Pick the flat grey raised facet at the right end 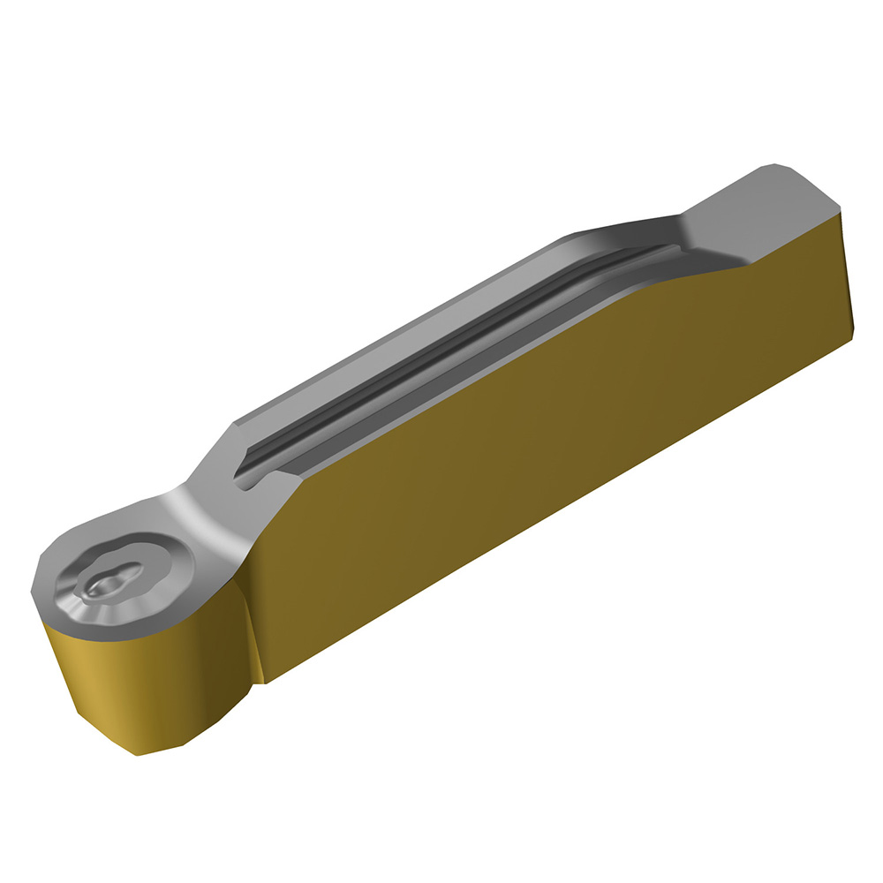pos(759,212)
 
